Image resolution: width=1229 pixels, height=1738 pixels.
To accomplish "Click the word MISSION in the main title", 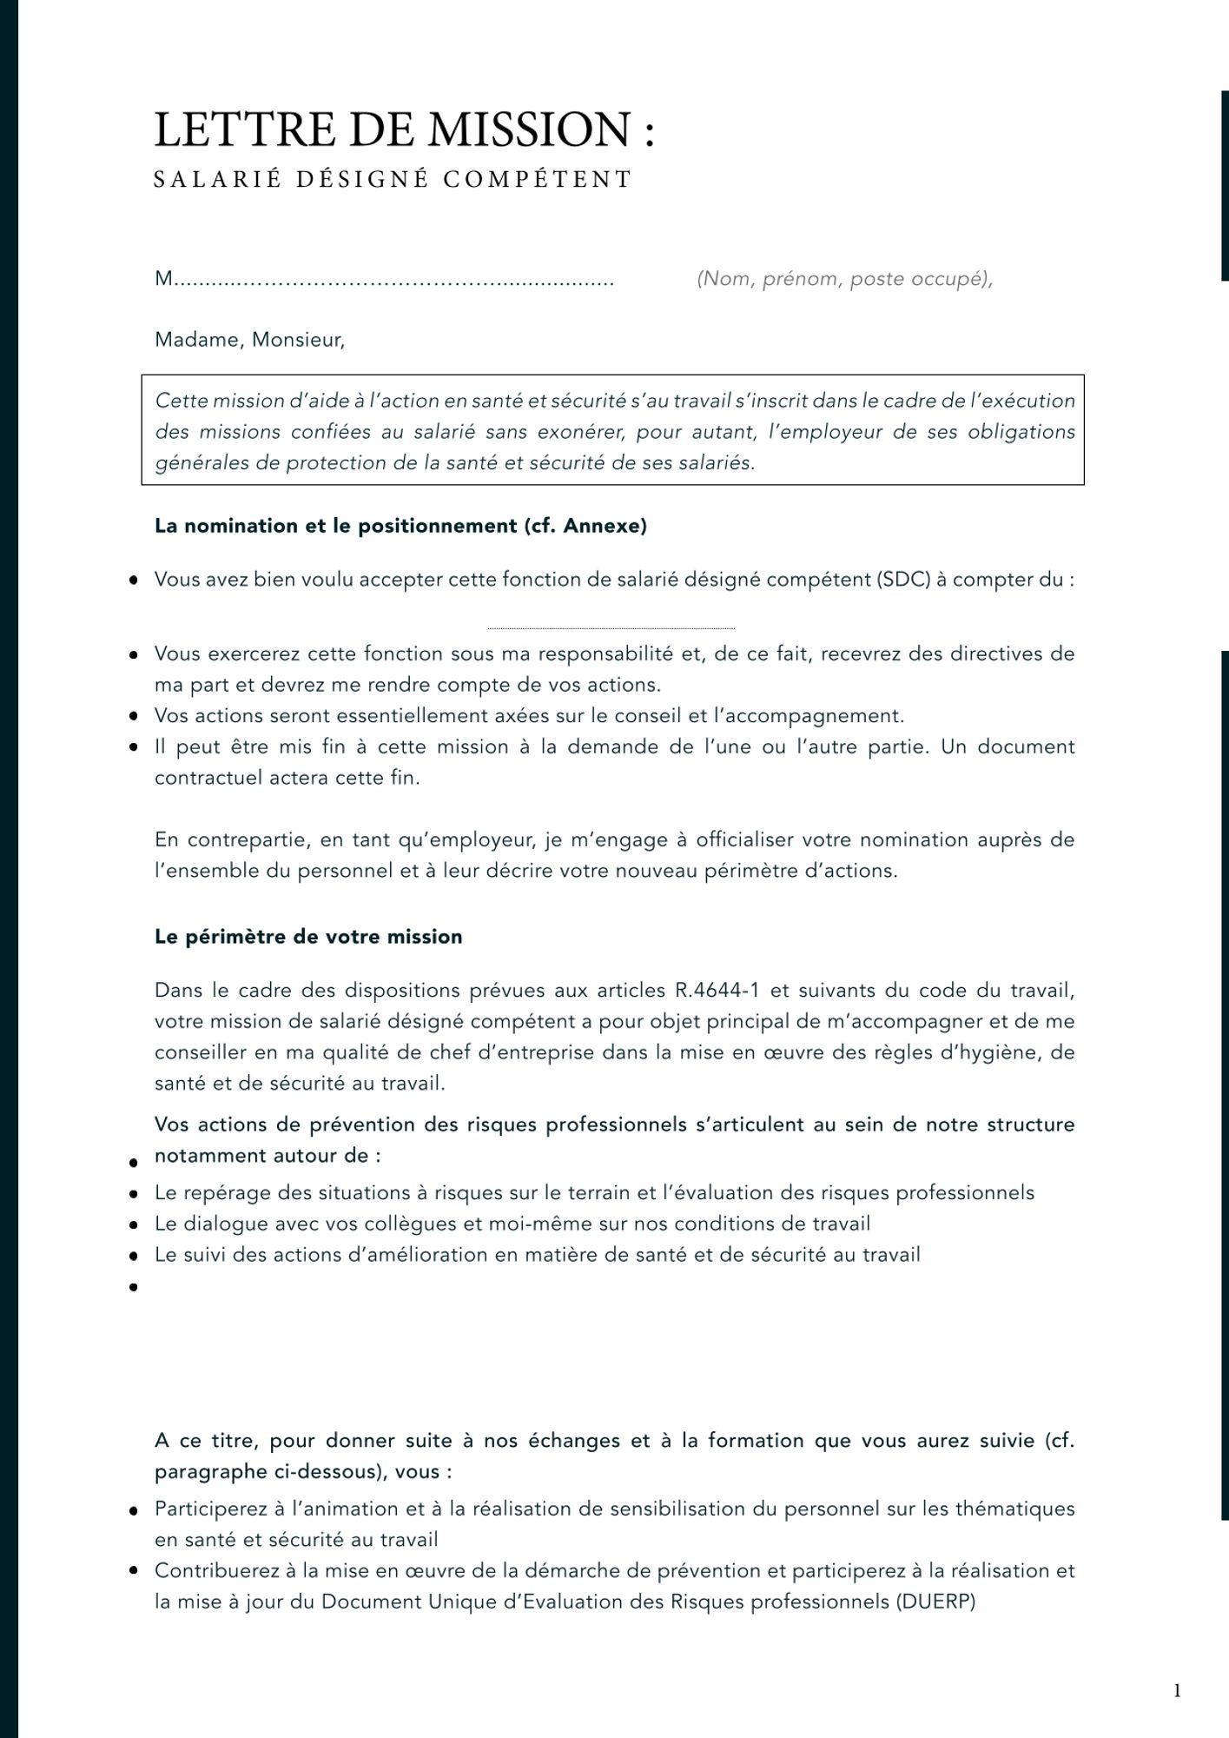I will (x=530, y=129).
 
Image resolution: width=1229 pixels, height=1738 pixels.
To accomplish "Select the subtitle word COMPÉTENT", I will (x=538, y=179).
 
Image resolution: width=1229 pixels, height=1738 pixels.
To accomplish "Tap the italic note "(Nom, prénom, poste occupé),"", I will (x=844, y=279).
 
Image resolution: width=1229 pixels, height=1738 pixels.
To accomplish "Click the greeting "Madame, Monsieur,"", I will (x=249, y=340).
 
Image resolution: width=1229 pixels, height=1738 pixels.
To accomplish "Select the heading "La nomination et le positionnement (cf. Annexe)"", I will (x=400, y=526).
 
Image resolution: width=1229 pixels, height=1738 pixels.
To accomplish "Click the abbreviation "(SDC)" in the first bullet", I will (x=903, y=580).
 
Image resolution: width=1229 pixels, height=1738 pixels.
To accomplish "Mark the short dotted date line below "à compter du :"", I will (x=611, y=627).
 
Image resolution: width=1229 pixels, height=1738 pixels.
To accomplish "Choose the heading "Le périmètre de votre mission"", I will (x=308, y=937).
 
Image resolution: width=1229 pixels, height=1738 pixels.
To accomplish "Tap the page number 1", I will (x=1177, y=1690).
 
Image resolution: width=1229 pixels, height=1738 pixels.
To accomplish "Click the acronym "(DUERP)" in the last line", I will (x=935, y=1602).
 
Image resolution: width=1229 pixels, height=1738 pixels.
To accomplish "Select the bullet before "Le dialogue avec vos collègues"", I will (x=134, y=1225).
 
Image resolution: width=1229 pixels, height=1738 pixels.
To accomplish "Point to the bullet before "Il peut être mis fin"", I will (x=134, y=747).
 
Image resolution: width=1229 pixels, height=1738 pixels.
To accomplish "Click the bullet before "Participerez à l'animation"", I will (x=134, y=1510).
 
